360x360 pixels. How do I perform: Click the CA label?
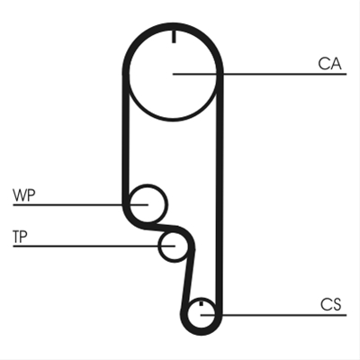coord(329,64)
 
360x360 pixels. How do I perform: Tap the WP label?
coord(24,195)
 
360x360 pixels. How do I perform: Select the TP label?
coord(20,237)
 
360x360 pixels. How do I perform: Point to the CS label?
coord(331,304)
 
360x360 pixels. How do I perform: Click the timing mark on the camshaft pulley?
coord(174,37)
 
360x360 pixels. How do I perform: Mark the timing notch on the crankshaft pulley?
coord(202,303)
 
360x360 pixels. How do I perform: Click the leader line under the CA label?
coord(260,74)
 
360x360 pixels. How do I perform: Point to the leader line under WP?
coord(80,205)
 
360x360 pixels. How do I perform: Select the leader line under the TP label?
coord(94,247)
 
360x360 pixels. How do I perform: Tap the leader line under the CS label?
coord(274,315)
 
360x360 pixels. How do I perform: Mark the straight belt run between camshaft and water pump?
coord(126,138)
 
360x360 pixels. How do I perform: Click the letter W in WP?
coord(20,195)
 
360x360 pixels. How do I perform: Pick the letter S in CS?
coord(337,304)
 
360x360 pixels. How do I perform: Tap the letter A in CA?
coord(336,64)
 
